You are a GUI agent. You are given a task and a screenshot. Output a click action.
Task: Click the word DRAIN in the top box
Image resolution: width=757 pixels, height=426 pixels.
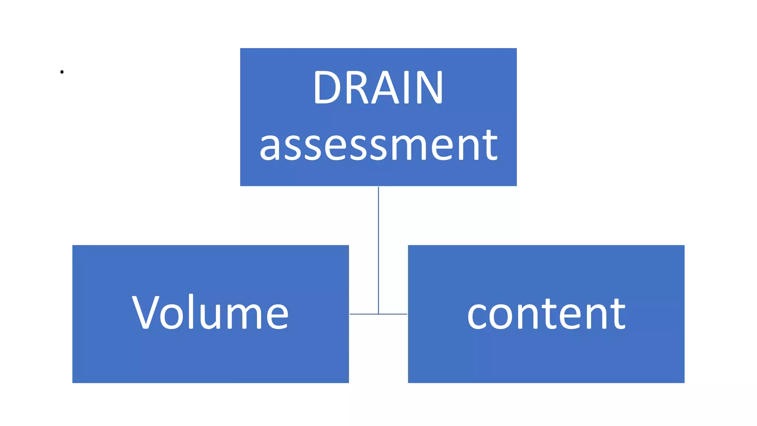378,88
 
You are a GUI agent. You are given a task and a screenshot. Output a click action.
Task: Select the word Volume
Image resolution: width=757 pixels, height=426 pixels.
210,313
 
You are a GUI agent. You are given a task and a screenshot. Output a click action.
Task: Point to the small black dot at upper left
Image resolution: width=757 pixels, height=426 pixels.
62,72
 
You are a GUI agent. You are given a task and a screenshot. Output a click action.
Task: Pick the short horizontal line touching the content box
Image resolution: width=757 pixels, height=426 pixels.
393,314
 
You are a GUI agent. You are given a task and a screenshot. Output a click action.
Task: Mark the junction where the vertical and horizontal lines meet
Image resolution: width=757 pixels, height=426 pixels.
378,314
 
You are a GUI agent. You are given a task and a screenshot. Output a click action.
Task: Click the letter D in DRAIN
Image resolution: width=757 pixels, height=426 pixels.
327,88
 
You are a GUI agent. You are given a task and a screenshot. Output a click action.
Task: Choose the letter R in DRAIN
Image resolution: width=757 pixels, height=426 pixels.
356,88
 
